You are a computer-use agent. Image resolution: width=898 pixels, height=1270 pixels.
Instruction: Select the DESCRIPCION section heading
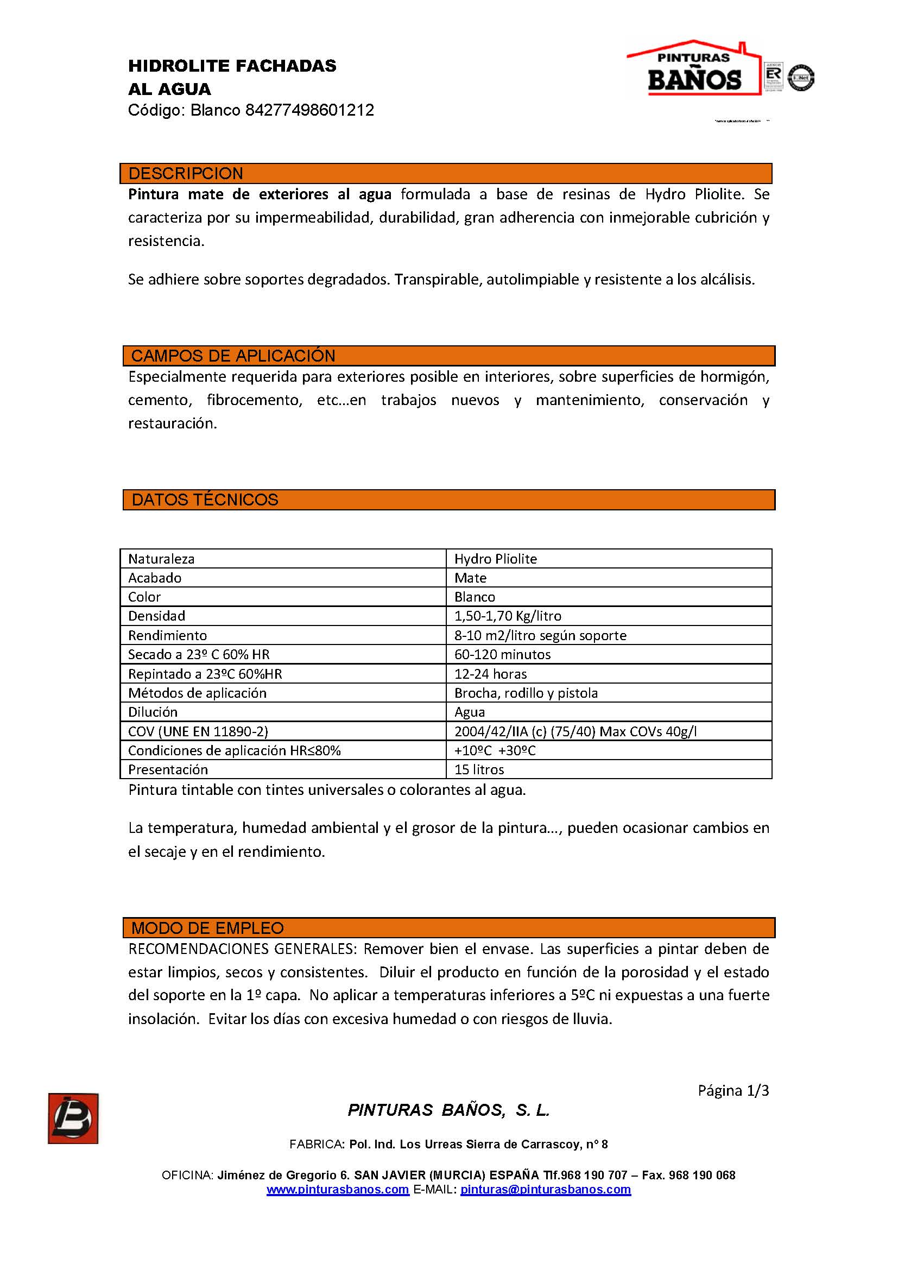pyautogui.click(x=186, y=174)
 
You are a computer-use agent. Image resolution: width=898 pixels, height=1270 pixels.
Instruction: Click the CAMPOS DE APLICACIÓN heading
pyautogui.click(x=233, y=356)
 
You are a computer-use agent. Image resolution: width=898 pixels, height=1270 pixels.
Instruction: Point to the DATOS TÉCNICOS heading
pyautogui.click(x=205, y=500)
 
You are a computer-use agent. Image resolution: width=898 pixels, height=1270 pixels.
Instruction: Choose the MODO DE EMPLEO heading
pyautogui.click(x=207, y=928)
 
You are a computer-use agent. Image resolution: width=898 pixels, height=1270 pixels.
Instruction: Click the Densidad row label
pyautogui.click(x=156, y=616)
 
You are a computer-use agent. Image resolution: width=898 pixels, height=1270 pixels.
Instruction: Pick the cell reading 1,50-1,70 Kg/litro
pyautogui.click(x=508, y=616)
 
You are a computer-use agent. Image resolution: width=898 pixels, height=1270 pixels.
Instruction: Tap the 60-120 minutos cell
pyautogui.click(x=503, y=655)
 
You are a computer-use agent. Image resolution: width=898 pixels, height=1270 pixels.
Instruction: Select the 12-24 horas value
pyautogui.click(x=490, y=674)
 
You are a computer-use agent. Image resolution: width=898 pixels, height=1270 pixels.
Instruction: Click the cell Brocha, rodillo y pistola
pyautogui.click(x=526, y=693)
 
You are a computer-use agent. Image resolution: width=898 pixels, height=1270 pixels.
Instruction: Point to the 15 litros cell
pyautogui.click(x=479, y=770)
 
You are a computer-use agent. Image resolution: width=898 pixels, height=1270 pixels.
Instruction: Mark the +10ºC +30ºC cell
pyautogui.click(x=495, y=750)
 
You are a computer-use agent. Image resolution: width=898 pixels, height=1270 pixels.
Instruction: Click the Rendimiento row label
pyautogui.click(x=168, y=636)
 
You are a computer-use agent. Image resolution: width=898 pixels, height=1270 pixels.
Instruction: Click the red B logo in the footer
pyautogui.click(x=73, y=1119)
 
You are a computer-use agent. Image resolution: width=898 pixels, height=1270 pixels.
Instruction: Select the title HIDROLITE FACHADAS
pyautogui.click(x=232, y=66)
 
